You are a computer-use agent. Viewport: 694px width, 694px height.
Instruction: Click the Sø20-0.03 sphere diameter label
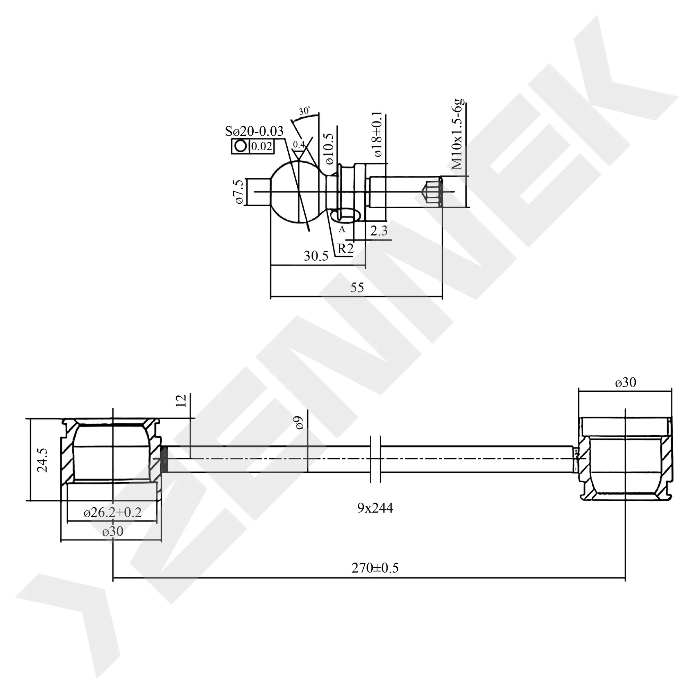pos(254,132)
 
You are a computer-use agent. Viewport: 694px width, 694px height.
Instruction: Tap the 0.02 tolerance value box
pos(262,146)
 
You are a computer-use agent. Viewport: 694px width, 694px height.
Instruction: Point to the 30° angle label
pos(304,111)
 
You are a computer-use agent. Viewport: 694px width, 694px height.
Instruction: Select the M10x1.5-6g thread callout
pos(458,134)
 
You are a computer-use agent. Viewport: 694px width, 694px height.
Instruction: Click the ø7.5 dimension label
pos(239,192)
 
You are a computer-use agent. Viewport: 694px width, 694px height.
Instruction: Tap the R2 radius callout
pos(345,248)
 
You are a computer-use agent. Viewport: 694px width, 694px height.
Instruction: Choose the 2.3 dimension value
pos(379,231)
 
